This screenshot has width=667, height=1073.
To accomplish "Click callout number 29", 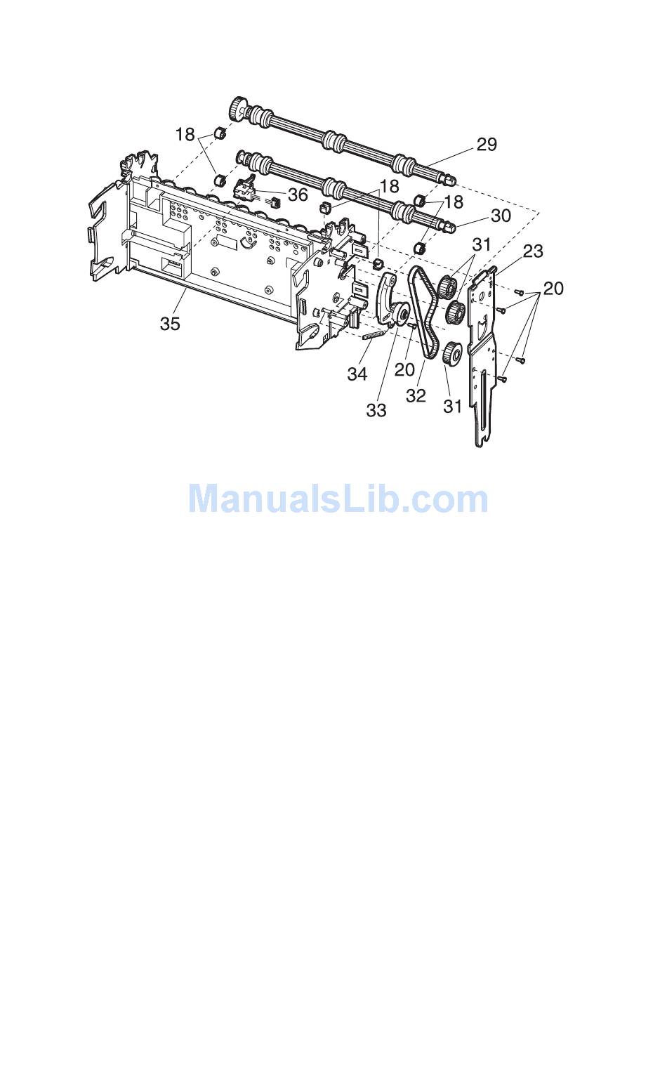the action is point(487,144).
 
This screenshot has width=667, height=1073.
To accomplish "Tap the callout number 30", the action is point(501,215).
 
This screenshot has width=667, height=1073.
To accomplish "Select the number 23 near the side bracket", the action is point(532,251).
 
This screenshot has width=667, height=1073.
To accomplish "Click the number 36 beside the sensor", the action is point(298,194).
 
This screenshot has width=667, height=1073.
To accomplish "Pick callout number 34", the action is point(357,374).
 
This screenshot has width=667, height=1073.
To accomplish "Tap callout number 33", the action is point(376,409).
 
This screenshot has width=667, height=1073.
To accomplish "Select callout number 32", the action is point(416,395).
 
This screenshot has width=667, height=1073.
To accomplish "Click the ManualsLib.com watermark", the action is point(338,499).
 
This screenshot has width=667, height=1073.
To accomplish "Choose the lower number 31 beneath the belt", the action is point(453,405).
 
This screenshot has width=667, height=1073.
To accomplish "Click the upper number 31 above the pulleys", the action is point(481,245).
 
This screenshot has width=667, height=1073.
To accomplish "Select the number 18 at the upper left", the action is point(185,134).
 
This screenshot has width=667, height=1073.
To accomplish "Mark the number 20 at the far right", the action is point(553,288).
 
